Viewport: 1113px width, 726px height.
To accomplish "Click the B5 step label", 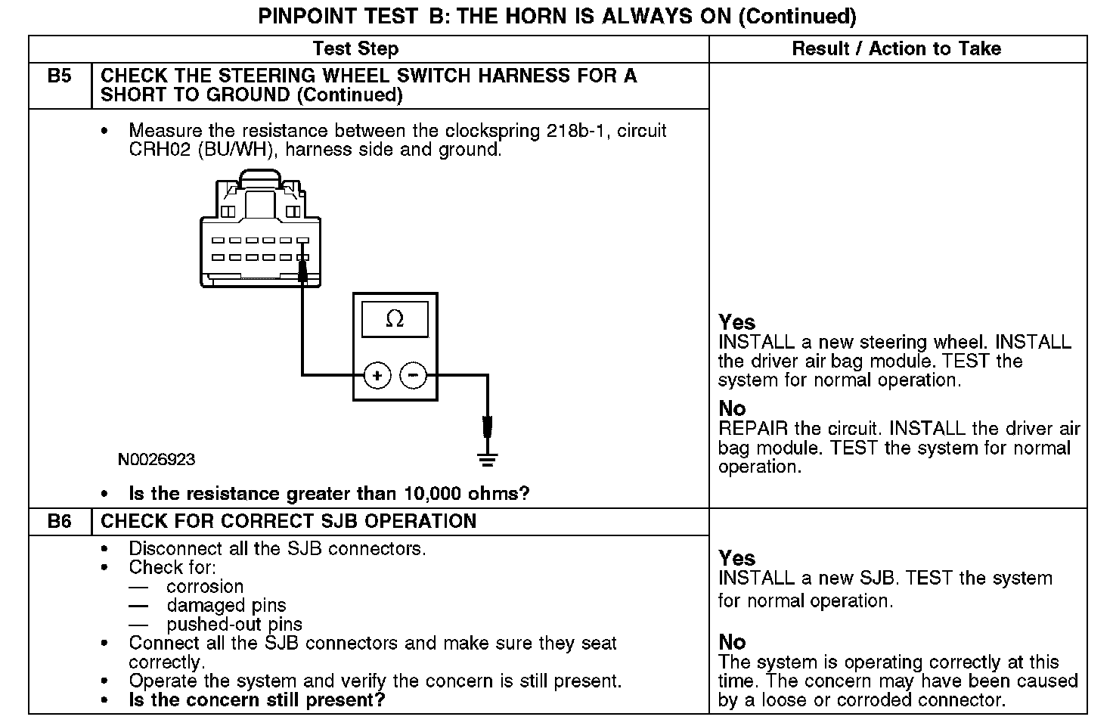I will coord(59,76).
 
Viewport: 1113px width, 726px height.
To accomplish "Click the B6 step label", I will coord(59,522).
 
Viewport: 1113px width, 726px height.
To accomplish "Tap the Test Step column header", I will coord(355,49).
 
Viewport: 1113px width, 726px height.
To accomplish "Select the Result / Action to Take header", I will coord(896,49).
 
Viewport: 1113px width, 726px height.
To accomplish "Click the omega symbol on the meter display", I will coord(395,319).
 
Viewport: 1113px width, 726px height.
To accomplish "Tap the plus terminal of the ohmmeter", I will coord(377,375).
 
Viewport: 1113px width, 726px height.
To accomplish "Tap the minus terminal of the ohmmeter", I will coord(412,375).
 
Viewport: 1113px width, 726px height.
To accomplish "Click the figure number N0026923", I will coord(157,459).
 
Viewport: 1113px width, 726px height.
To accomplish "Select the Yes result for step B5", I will coord(736,322).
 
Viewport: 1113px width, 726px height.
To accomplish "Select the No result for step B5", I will coord(732,408).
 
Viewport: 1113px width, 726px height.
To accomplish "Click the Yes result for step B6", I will coord(736,558).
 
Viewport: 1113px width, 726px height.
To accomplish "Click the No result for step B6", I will coord(732,642).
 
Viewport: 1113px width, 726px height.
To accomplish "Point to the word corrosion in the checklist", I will coord(205,587).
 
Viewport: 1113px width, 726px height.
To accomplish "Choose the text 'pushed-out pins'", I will coord(234,625).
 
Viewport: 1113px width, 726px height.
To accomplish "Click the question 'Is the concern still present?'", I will coord(257,700).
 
